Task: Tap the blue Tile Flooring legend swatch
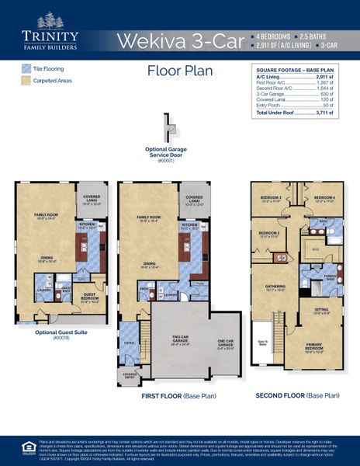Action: click(25, 68)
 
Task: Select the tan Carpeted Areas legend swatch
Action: click(25, 80)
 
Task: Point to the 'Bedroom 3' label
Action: click(271, 199)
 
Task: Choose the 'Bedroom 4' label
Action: click(324, 199)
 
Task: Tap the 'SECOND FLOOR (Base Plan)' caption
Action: click(297, 395)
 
